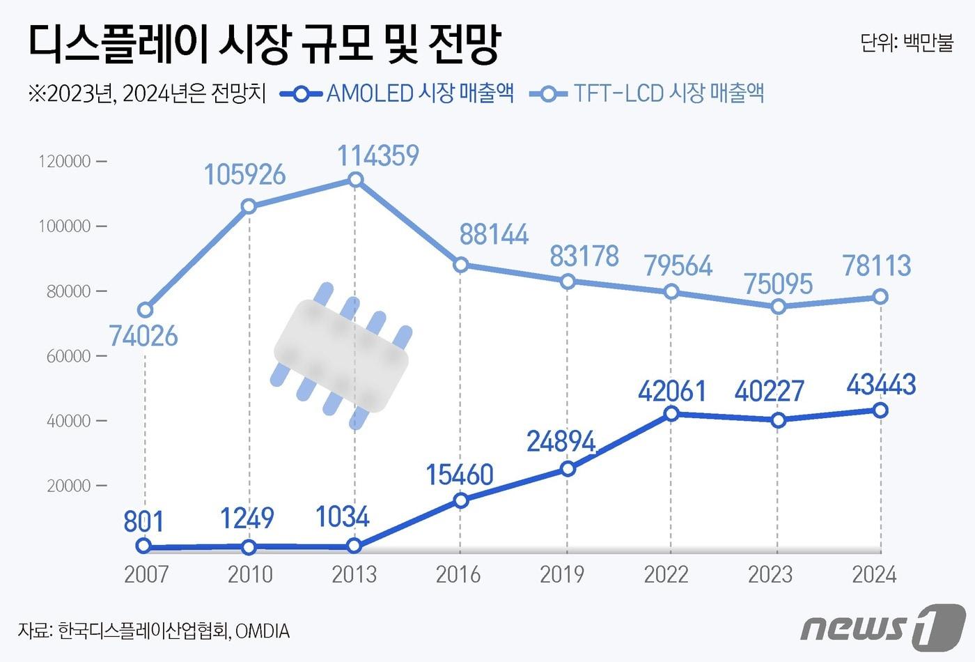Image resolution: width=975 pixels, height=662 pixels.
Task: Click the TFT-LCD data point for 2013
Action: [355, 180]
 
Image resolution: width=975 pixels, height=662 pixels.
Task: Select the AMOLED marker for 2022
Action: [671, 413]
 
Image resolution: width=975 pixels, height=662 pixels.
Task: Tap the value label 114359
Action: [378, 155]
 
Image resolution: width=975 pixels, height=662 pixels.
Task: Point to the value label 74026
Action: [143, 337]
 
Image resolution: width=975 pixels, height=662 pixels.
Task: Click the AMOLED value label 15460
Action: [460, 475]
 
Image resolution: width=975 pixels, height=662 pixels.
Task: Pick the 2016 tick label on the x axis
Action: [458, 574]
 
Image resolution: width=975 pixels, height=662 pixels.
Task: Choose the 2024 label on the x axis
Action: [875, 574]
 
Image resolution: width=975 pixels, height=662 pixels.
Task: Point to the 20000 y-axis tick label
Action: [69, 486]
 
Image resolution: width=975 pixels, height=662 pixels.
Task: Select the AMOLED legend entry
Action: [398, 93]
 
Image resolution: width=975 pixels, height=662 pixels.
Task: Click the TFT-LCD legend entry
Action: [648, 93]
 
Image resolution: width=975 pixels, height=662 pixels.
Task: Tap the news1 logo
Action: [883, 624]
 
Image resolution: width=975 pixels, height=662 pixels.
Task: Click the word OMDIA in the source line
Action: [263, 631]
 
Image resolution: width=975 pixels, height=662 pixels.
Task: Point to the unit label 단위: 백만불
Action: [906, 43]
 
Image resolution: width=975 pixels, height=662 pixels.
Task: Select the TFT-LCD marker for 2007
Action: [145, 310]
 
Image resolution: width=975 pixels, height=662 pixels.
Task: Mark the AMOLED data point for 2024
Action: [880, 410]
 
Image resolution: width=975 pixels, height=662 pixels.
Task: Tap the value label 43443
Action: [881, 385]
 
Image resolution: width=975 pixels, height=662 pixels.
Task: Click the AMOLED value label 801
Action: [143, 521]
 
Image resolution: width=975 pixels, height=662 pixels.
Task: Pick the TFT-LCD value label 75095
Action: [778, 284]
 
